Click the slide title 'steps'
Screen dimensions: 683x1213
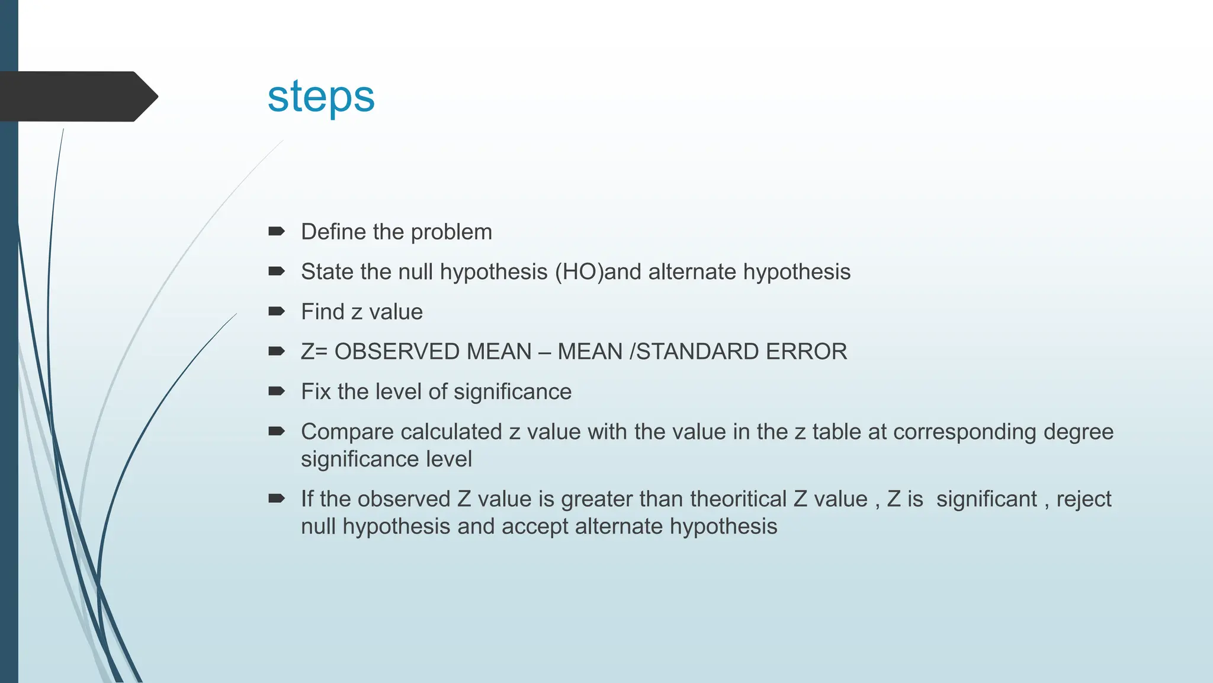pyautogui.click(x=321, y=97)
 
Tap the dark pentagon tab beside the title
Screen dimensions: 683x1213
pyautogui.click(x=77, y=97)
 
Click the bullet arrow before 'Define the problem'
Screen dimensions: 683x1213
pyautogui.click(x=276, y=231)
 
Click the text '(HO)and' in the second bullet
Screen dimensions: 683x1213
pyautogui.click(x=598, y=272)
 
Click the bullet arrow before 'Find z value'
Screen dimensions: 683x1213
pyautogui.click(x=276, y=311)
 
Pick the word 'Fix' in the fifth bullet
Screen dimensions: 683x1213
pyautogui.click(x=316, y=392)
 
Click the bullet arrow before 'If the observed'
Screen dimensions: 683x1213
pyautogui.click(x=276, y=498)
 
